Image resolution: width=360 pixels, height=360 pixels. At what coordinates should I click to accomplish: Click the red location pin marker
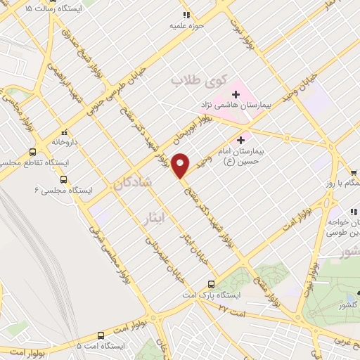[181, 165]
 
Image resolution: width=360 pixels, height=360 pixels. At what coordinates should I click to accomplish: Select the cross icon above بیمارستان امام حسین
[243, 140]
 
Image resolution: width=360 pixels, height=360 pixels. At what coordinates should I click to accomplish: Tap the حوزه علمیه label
[186, 25]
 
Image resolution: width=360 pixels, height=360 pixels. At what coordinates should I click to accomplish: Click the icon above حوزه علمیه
[186, 15]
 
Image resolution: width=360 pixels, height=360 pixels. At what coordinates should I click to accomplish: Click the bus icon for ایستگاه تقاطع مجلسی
[32, 151]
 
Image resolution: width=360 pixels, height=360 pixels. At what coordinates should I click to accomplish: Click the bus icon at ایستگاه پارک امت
[211, 284]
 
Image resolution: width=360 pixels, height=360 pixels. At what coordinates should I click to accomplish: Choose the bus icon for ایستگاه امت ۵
[103, 335]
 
